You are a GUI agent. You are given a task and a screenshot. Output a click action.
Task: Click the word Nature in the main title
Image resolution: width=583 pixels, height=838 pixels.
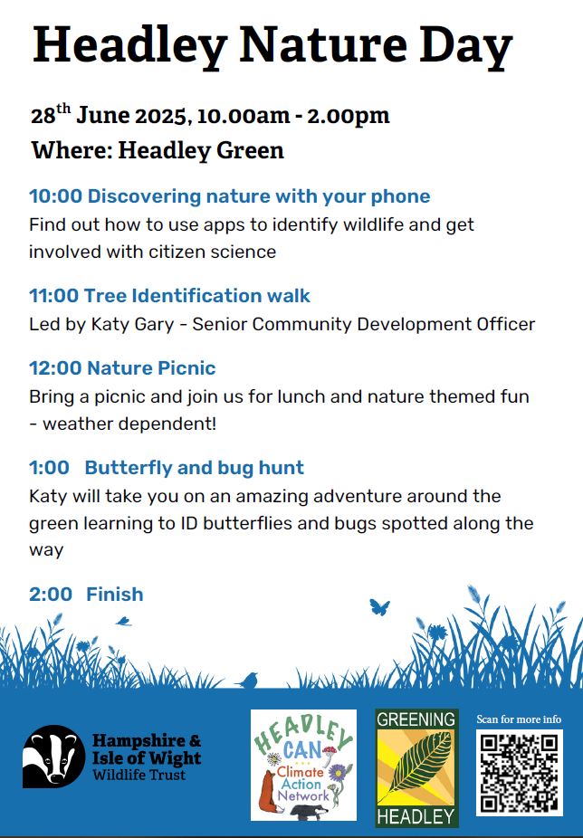pyautogui.click(x=322, y=45)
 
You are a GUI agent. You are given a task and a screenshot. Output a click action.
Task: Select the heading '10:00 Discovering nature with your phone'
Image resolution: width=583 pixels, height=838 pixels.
pyautogui.click(x=229, y=196)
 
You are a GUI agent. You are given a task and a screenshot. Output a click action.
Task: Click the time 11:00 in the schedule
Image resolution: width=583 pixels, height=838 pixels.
pyautogui.click(x=53, y=296)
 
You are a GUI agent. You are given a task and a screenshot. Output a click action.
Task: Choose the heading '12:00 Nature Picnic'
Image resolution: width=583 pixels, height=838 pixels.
pyautogui.click(x=122, y=368)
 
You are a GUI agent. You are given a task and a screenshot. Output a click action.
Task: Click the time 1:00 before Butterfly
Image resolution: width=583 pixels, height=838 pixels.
pyautogui.click(x=49, y=468)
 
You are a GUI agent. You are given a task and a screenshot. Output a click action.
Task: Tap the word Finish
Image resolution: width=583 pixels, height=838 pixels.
pyautogui.click(x=114, y=595)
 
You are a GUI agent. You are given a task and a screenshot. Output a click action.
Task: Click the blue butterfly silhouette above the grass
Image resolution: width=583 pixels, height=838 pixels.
pyautogui.click(x=379, y=607)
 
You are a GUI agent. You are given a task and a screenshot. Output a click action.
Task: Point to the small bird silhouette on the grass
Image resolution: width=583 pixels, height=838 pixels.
pyautogui.click(x=249, y=681)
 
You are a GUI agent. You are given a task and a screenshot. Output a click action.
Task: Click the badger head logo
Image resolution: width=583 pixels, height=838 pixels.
pyautogui.click(x=53, y=757)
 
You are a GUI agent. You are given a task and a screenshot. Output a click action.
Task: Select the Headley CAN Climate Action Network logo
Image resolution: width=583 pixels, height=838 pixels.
pyautogui.click(x=303, y=765)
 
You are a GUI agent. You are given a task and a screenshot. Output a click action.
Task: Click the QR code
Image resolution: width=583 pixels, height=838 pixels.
pyautogui.click(x=520, y=772)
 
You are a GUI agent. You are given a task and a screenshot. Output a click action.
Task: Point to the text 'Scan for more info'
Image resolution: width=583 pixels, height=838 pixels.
pyautogui.click(x=519, y=719)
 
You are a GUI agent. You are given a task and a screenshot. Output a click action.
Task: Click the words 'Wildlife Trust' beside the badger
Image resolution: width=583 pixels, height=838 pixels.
pyautogui.click(x=139, y=776)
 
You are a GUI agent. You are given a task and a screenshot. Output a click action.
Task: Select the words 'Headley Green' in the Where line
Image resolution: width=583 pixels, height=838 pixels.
pyautogui.click(x=201, y=150)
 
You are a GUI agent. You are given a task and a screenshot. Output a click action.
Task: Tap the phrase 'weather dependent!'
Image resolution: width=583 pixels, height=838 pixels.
pyautogui.click(x=129, y=424)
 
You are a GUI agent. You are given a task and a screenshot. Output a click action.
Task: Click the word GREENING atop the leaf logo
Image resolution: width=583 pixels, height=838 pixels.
pyautogui.click(x=416, y=719)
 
